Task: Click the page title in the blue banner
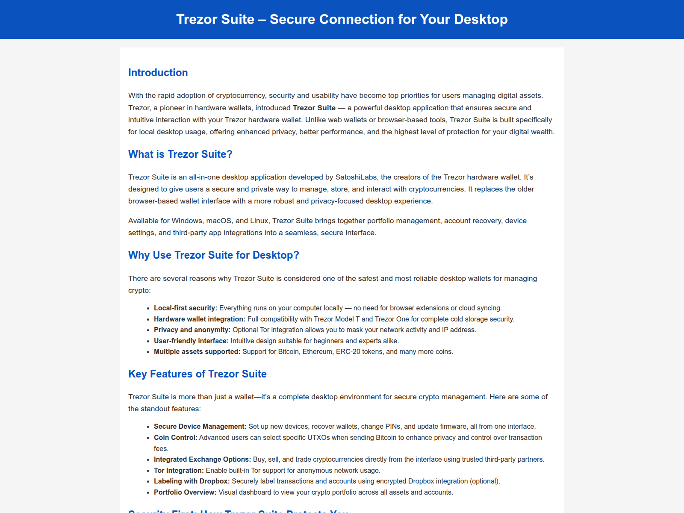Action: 342,19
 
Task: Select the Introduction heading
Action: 158,73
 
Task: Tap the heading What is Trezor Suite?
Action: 180,154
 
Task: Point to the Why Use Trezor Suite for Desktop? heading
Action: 213,255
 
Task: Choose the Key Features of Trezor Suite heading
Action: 197,374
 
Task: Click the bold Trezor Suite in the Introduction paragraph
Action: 314,108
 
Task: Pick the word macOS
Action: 219,221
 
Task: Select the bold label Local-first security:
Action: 186,308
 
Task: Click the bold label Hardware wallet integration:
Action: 200,319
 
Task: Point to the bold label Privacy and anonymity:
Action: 192,330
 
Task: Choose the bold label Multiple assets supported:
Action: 197,351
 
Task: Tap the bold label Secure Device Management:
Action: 200,426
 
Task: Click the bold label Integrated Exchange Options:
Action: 202,459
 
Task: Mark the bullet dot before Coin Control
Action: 148,438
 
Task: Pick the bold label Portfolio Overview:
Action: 185,492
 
